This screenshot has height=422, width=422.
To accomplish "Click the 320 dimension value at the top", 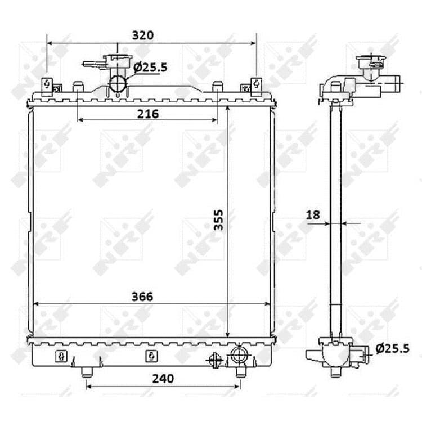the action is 143,35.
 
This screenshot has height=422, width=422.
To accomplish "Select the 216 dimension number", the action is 148,114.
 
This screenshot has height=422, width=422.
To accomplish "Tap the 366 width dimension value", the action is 142,297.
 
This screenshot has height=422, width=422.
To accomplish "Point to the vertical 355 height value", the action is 218,219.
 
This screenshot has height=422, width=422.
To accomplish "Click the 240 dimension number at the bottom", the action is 163,379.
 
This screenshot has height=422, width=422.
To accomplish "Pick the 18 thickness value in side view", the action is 313,215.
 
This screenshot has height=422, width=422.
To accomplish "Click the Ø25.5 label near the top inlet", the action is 150,68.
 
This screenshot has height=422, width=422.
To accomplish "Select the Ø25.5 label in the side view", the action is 393,349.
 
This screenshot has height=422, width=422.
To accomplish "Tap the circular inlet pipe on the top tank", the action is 118,84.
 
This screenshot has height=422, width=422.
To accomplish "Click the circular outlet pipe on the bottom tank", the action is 239,355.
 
